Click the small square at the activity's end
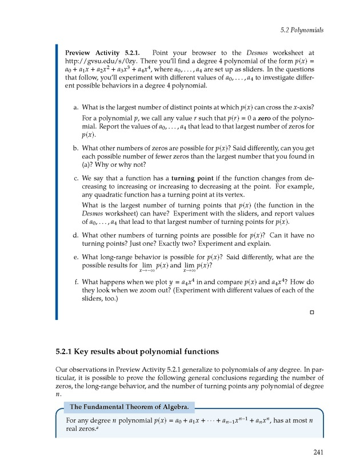312,312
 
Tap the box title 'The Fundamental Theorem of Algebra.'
131,407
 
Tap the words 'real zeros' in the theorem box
82,430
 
